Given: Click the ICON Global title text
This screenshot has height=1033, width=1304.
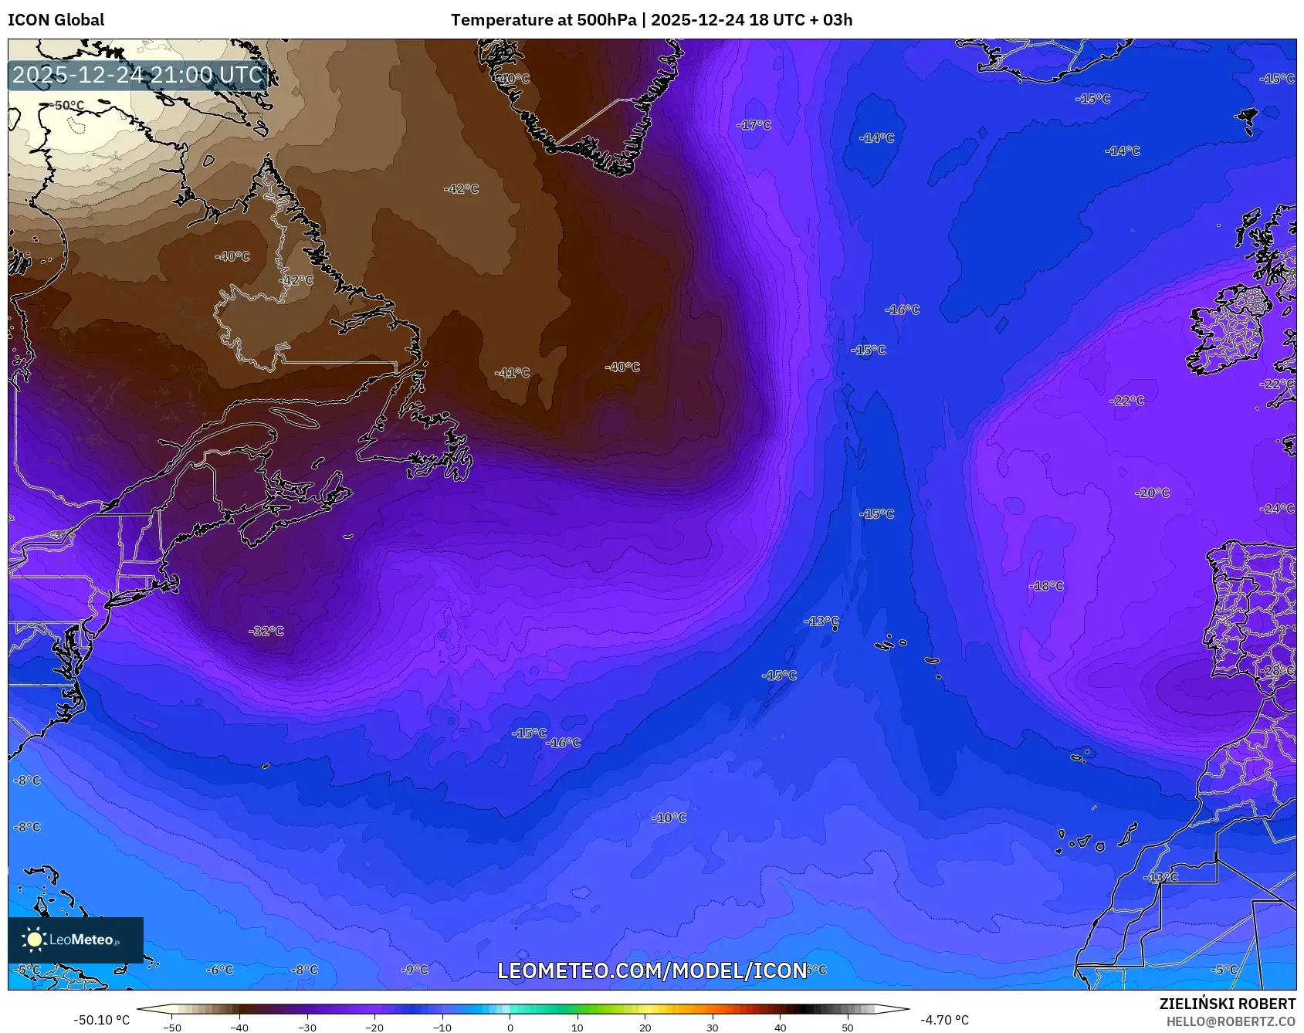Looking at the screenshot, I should pyautogui.click(x=56, y=20).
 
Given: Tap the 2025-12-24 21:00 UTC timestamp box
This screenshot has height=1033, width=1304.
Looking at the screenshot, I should pyautogui.click(x=137, y=75).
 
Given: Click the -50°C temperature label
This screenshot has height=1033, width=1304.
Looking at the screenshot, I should pyautogui.click(x=67, y=106).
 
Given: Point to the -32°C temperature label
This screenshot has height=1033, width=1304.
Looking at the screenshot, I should pyautogui.click(x=266, y=632).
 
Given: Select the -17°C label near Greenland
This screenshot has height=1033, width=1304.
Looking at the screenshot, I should pyautogui.click(x=754, y=125).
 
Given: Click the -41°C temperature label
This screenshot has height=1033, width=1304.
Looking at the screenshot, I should pyautogui.click(x=513, y=373).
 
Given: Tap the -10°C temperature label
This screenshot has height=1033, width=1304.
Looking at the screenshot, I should pyautogui.click(x=669, y=818).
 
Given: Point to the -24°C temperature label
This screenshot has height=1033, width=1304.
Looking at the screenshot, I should pyautogui.click(x=1277, y=509).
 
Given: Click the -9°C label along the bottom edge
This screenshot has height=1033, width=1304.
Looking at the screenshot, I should pyautogui.click(x=415, y=970).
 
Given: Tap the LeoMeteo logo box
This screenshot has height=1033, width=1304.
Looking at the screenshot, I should pyautogui.click(x=75, y=940).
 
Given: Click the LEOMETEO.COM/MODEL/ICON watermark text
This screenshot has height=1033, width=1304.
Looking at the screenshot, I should pyautogui.click(x=652, y=970).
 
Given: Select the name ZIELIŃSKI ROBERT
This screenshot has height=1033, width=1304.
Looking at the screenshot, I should pyautogui.click(x=1227, y=1004).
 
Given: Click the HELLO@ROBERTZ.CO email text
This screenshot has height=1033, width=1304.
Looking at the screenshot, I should pyautogui.click(x=1230, y=1021).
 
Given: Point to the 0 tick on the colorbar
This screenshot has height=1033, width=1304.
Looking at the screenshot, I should pyautogui.click(x=510, y=1028).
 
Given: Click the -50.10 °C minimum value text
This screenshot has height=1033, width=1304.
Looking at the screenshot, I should pyautogui.click(x=101, y=1020).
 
